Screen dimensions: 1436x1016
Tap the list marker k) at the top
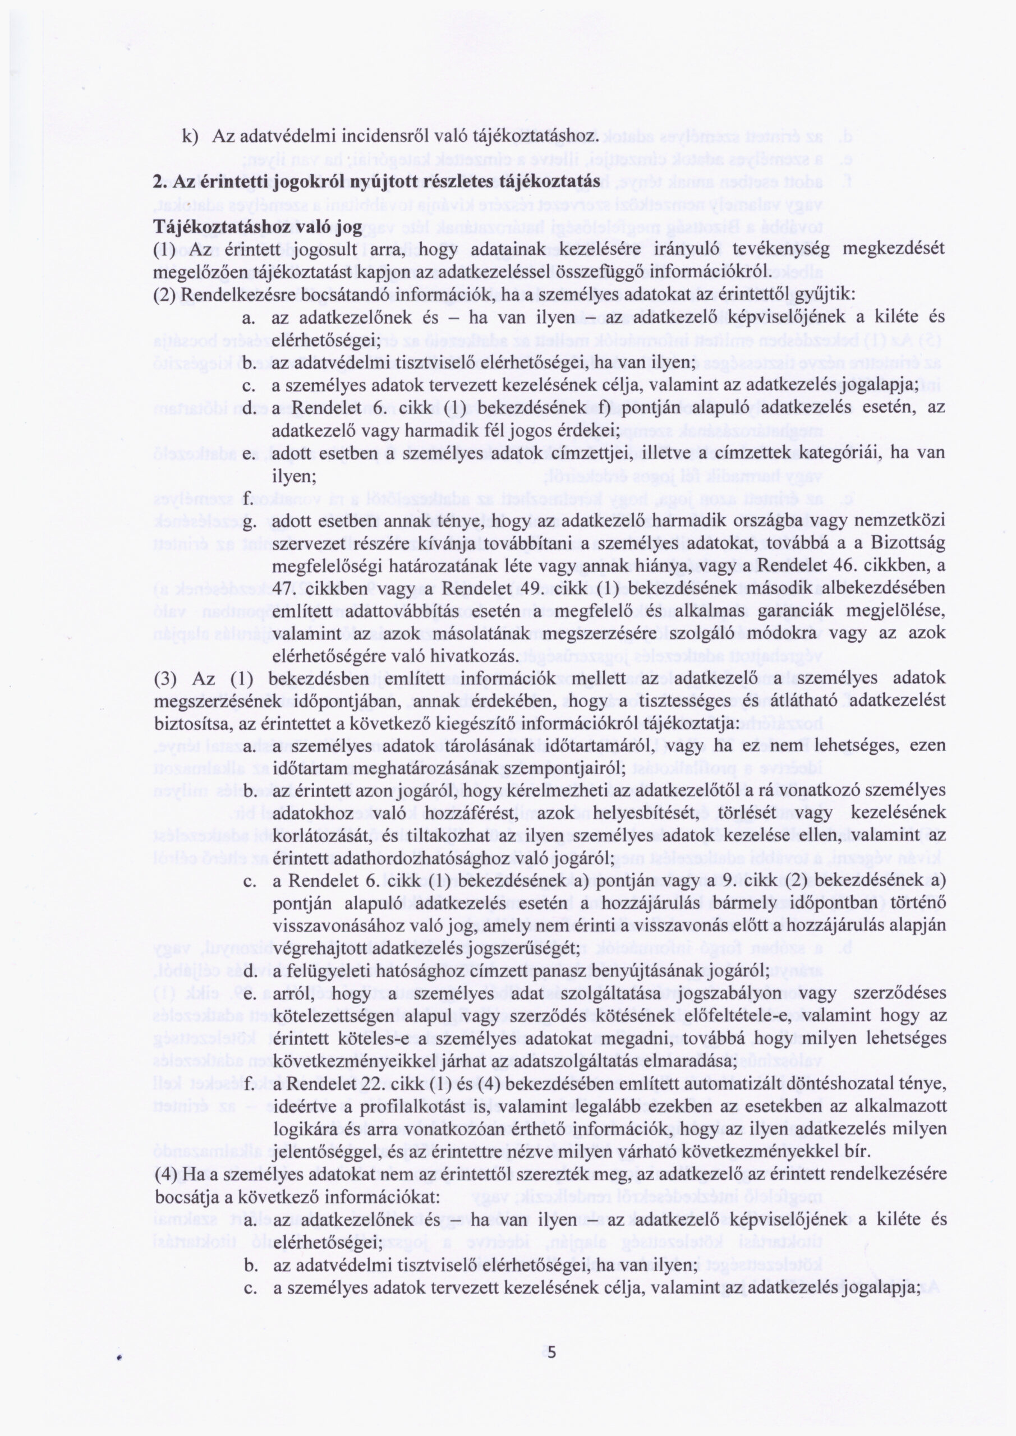point(189,136)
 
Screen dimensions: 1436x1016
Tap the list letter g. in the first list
point(248,522)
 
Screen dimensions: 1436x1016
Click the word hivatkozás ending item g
point(480,656)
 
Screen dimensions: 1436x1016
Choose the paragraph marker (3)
point(165,679)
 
